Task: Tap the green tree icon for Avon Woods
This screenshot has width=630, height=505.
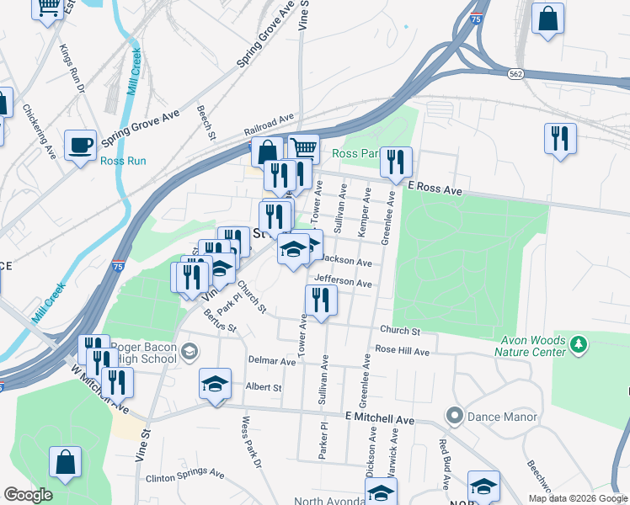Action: [x=578, y=344]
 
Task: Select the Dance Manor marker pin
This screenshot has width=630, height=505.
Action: [x=455, y=416]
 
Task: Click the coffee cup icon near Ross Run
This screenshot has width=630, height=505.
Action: [x=81, y=145]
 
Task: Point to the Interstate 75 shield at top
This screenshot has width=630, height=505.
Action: [x=477, y=19]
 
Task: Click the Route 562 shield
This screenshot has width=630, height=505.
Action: [x=515, y=74]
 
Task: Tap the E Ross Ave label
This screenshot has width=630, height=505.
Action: [x=435, y=191]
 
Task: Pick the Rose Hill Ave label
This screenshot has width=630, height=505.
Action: [x=403, y=349]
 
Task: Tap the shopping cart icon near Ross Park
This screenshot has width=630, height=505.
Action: [x=304, y=149]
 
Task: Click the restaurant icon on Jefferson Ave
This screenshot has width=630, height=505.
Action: [x=321, y=300]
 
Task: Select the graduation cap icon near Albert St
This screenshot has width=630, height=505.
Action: [x=215, y=384]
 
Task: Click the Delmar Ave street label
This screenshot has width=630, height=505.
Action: [x=271, y=360]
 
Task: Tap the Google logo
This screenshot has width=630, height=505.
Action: [x=28, y=495]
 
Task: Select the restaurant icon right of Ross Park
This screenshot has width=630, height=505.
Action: [x=395, y=161]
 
